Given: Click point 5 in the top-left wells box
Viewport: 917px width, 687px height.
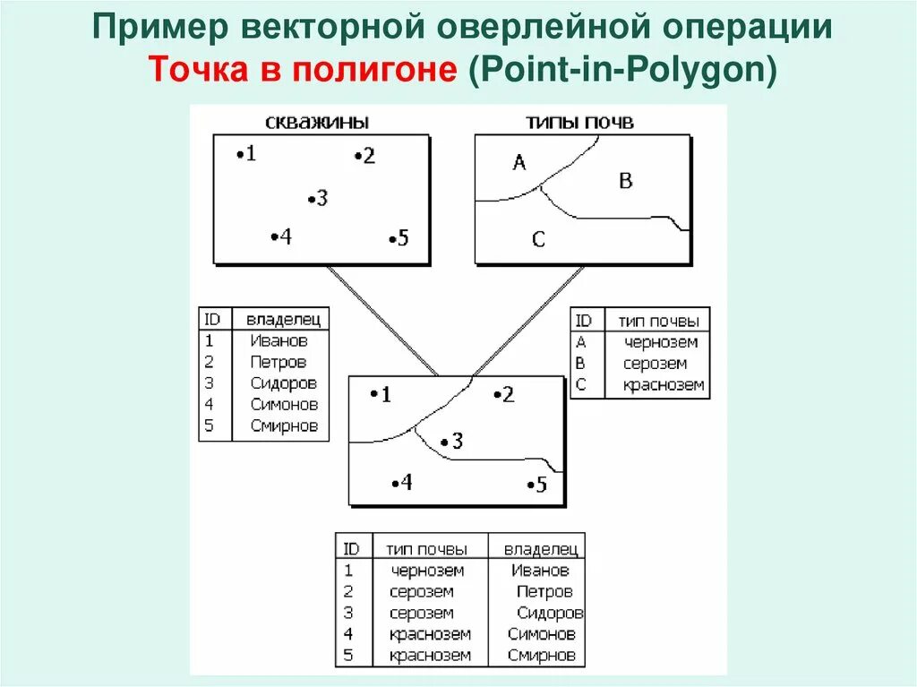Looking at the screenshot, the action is point(399,238).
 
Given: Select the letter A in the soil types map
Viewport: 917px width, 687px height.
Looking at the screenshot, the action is point(518,162).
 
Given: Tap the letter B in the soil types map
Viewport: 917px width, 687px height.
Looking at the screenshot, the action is point(626,181).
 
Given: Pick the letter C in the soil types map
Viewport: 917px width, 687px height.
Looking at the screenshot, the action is point(538,240).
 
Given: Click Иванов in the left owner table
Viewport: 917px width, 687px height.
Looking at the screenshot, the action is point(279,340).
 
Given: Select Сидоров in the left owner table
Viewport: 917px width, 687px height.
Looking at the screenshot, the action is point(284,383).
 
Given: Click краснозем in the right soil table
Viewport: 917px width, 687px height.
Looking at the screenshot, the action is point(664,386).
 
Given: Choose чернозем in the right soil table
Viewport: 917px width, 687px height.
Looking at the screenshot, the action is point(661,342).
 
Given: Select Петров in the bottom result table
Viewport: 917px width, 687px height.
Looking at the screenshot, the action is point(544,592).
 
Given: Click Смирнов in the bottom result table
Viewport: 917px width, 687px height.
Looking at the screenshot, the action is point(540,656).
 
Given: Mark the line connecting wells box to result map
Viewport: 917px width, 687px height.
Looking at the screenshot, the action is point(382,320).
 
